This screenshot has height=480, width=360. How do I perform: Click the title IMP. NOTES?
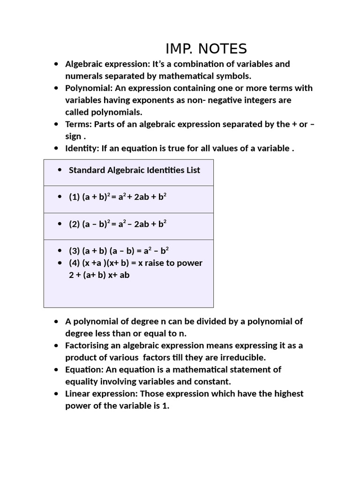206,48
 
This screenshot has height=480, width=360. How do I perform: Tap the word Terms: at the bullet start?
78,124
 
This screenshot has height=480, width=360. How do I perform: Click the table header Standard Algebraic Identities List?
134,170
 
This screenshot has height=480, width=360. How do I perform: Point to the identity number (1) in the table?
75,197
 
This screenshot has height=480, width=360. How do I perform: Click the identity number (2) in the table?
75,224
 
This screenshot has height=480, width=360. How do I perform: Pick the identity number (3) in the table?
75,251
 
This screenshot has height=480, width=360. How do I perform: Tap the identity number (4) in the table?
75,263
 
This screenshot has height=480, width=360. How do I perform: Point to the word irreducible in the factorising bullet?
242,358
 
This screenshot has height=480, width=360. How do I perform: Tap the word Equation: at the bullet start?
83,370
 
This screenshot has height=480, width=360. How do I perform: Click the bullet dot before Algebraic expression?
56,64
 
